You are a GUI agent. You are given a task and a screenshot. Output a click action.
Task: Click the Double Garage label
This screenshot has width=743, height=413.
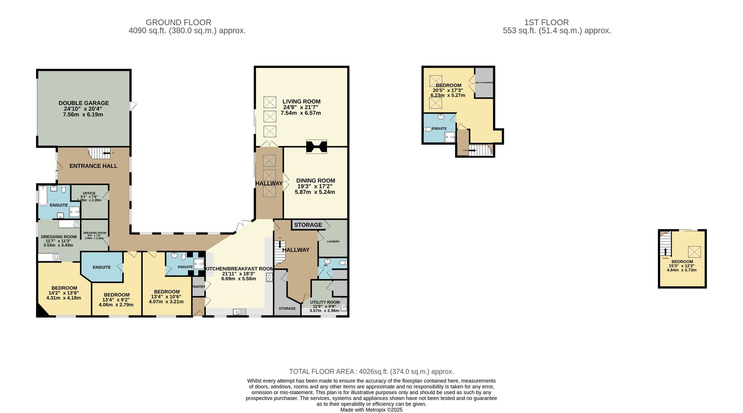(84, 103)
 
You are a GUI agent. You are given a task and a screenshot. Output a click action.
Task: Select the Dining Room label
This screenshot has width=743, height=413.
(315, 181)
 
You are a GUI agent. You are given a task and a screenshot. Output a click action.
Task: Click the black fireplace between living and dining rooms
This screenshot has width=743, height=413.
(317, 146)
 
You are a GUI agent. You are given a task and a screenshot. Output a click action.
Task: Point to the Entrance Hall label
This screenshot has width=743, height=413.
(93, 166)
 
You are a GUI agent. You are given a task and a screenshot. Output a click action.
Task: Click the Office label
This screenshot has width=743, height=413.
(89, 193)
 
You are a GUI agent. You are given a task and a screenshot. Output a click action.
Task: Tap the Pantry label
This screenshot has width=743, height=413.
(198, 287)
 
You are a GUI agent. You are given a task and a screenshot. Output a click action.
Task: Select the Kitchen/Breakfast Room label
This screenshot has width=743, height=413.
(239, 269)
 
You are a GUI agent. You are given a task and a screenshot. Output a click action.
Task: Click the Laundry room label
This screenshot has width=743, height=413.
(333, 241)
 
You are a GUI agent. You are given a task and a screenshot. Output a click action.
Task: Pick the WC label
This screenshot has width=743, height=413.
(326, 265)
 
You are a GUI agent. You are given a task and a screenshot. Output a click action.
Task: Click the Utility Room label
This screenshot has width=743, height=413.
(325, 302)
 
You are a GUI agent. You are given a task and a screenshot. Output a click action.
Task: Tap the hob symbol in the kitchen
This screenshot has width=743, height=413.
(269, 277)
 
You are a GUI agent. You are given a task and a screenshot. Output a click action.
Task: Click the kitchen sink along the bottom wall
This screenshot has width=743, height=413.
(239, 312)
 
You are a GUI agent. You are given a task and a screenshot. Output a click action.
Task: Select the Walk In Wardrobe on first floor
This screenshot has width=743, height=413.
(484, 82)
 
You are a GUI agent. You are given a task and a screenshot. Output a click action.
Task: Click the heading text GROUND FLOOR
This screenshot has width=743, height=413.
(178, 23)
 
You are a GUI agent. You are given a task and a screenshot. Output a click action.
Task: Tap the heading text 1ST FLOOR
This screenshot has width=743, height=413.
(546, 23)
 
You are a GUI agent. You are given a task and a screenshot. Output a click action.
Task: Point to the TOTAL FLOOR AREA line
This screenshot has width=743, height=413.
(371, 371)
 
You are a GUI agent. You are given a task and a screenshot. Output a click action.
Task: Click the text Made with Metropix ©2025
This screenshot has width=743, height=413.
(371, 410)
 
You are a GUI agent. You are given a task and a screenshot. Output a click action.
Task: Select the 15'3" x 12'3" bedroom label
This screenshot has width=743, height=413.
(682, 266)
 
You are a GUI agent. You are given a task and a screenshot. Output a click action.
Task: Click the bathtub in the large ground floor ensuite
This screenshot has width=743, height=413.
(43, 196)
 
